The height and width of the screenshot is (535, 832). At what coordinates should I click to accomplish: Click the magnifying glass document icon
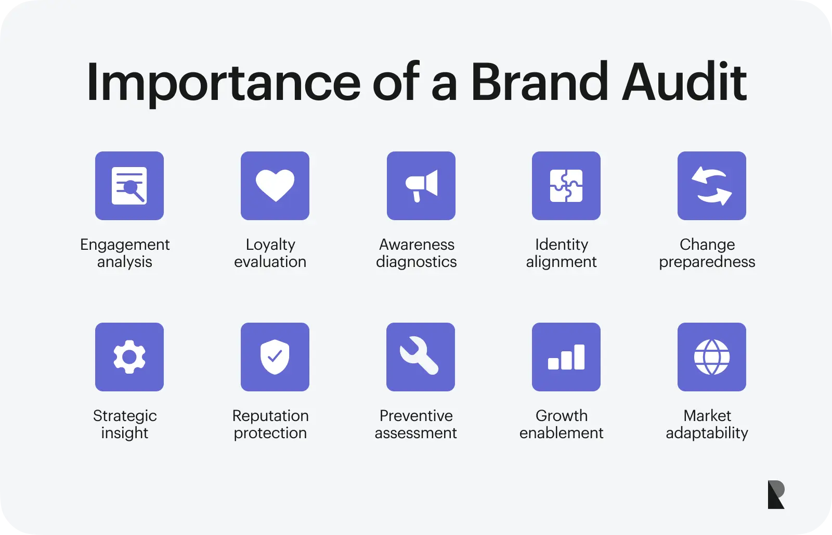pyautogui.click(x=129, y=185)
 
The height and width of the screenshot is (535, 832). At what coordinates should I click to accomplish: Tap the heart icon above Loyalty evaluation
pyautogui.click(x=275, y=185)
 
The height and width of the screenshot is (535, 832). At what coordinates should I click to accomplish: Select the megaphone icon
pyautogui.click(x=421, y=186)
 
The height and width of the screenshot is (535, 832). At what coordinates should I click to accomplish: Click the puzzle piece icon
pyautogui.click(x=566, y=185)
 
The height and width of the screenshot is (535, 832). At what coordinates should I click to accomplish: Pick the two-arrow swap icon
pyautogui.click(x=712, y=186)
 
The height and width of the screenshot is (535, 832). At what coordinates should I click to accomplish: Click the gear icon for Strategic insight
pyautogui.click(x=129, y=357)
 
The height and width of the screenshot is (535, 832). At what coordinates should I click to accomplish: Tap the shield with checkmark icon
pyautogui.click(x=275, y=357)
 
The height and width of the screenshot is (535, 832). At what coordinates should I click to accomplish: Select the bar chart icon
pyautogui.click(x=566, y=357)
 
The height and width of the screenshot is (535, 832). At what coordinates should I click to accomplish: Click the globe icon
pyautogui.click(x=712, y=357)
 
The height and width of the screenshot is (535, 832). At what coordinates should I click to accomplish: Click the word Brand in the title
pyautogui.click(x=539, y=81)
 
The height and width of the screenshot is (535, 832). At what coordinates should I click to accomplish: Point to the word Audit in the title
pyautogui.click(x=684, y=81)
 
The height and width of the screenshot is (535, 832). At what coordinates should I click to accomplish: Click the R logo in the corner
pyautogui.click(x=776, y=494)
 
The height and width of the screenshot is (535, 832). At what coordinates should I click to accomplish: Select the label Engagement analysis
pyautogui.click(x=125, y=253)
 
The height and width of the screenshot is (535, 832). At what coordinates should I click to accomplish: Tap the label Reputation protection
pyautogui.click(x=270, y=424)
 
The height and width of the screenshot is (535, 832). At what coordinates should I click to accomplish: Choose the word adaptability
pyautogui.click(x=707, y=433)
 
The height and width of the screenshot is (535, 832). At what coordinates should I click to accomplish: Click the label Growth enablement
pyautogui.click(x=561, y=424)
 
